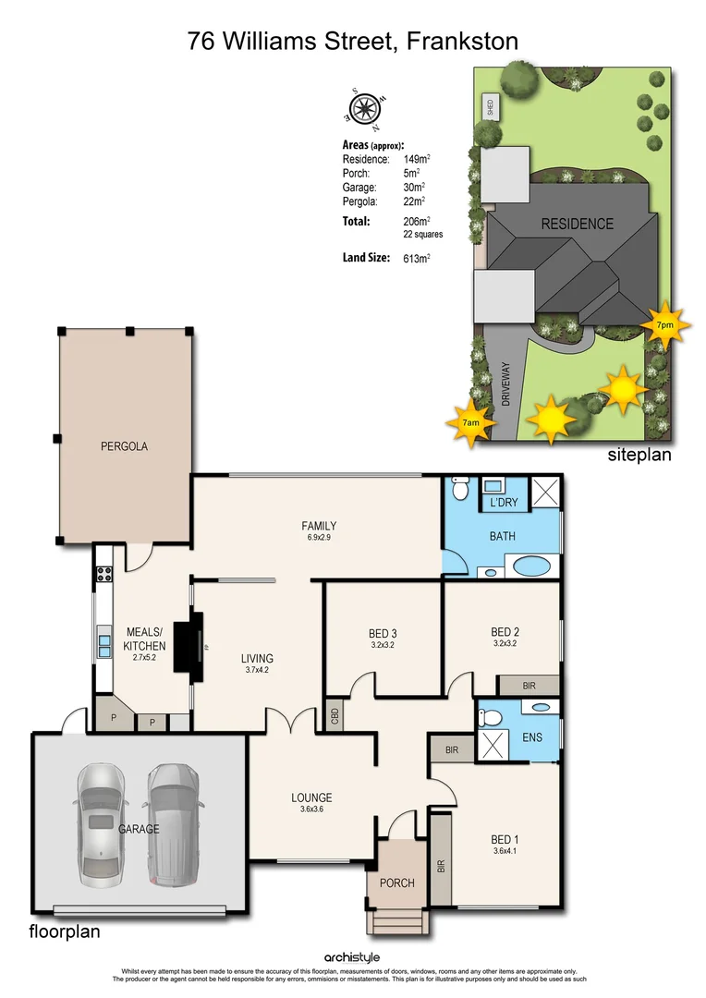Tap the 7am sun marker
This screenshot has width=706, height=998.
(x=471, y=421)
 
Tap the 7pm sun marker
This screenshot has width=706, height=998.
(x=664, y=324)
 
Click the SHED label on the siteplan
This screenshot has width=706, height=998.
(x=490, y=107)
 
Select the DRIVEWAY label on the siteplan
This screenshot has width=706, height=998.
(x=505, y=384)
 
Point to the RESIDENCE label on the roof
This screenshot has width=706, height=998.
(x=577, y=224)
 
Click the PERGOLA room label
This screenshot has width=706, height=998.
(x=124, y=446)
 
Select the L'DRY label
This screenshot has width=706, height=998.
(x=503, y=502)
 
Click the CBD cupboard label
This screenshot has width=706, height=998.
(x=334, y=716)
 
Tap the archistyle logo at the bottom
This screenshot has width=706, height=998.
(x=352, y=957)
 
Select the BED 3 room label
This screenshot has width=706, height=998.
(x=382, y=633)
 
